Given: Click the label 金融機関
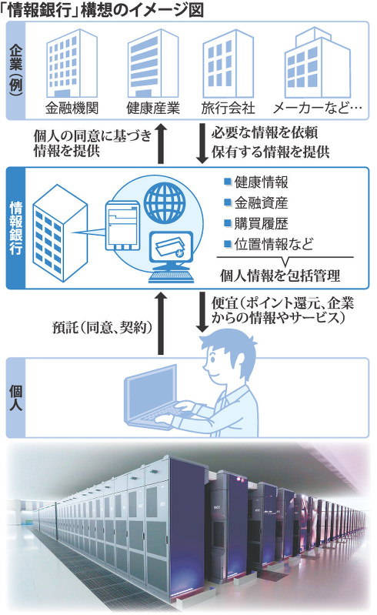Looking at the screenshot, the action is pos(72,109).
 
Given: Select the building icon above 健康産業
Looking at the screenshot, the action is pos(153,63).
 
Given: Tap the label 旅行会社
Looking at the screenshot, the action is pos(228,109).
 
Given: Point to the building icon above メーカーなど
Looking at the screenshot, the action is pos(318,63).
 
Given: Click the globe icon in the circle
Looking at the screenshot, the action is pos(164,203).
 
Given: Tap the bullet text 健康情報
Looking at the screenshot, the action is pos(262,182).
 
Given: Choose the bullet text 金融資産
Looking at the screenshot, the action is pos(262,202).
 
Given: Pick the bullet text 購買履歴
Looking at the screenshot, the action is pos(262,223).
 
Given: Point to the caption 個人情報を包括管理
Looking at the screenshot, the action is pos(280,276).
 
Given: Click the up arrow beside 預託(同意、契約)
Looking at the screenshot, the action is pos(161,323).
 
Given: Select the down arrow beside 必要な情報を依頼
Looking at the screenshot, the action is pos(202,144).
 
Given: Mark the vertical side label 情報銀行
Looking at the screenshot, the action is pos(15,229).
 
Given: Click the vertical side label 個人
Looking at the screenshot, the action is pos(15,398).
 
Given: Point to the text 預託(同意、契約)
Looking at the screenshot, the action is pos(102,327).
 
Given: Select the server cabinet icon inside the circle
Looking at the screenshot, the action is pos(122,226).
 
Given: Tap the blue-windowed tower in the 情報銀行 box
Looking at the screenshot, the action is pos(59,233).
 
